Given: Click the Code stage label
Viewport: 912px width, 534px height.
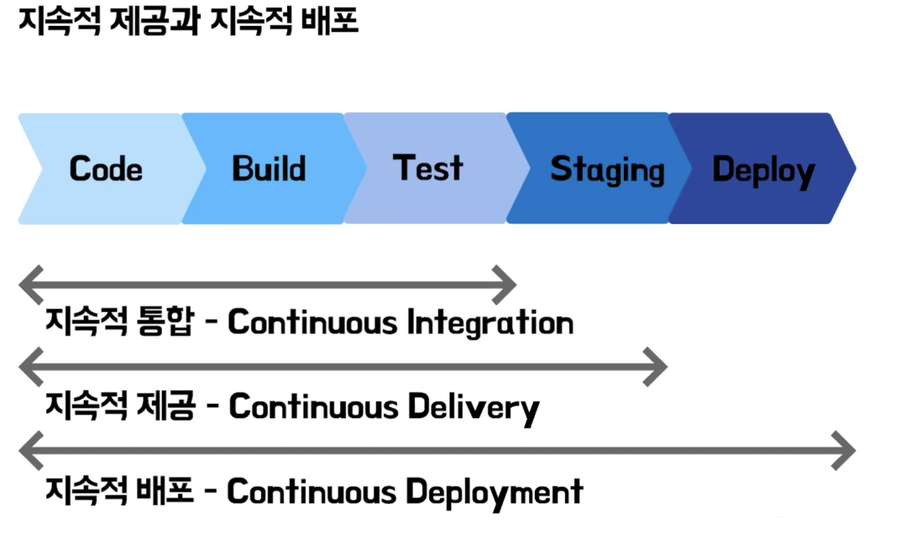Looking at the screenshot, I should (x=106, y=169).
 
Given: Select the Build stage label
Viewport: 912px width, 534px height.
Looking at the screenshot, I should (x=269, y=169).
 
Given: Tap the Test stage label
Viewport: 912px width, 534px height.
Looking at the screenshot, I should (x=428, y=168).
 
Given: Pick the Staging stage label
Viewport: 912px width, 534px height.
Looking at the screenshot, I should (x=607, y=170).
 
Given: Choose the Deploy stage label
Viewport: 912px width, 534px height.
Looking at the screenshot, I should (x=763, y=170).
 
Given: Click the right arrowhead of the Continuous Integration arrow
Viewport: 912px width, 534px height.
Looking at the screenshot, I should (x=507, y=285).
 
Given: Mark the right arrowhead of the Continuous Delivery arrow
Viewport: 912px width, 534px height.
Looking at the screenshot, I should (x=658, y=366).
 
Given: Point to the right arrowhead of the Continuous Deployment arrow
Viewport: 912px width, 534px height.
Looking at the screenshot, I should (x=846, y=452).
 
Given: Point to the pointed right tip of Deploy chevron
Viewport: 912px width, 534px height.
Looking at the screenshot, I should (x=853, y=169).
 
